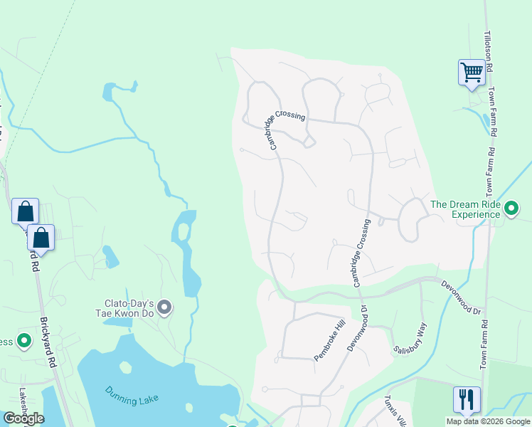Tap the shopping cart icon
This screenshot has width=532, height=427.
coord(472,73)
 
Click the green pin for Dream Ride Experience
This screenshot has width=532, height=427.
coord(511,208)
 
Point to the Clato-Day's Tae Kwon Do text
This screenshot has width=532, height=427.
coord(125,307)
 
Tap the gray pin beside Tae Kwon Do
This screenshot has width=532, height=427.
coord(165,307)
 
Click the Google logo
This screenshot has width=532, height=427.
coord(23,418)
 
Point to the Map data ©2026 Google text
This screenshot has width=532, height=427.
coord(487,421)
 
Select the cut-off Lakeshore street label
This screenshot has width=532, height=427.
coord(23,402)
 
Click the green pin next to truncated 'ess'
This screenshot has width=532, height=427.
coord(24,342)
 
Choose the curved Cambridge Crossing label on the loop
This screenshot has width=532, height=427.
coord(287,123)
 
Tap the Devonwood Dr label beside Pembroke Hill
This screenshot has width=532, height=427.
coord(356,327)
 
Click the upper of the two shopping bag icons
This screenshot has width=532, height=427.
coord(25,212)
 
